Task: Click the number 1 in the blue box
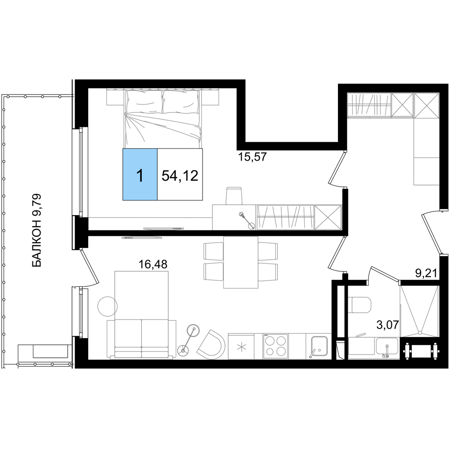(x=140, y=175)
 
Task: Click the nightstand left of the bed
(x=115, y=98)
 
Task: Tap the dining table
(x=241, y=262)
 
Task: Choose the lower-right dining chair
(x=269, y=271)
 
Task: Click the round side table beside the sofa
(x=107, y=306)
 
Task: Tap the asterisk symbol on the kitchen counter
(x=242, y=346)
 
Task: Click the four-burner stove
(x=275, y=346)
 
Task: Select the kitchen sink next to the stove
(x=319, y=346)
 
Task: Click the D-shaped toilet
(x=360, y=306)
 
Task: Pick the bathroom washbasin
(x=387, y=348)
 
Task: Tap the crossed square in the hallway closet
(x=328, y=217)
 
